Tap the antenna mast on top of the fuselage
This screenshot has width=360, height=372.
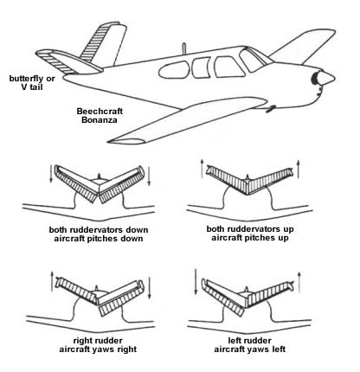tap(183, 48)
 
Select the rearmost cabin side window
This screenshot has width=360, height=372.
tap(174, 70)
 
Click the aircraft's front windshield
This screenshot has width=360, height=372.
tap(254, 60)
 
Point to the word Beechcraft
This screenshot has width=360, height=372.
tap(100, 112)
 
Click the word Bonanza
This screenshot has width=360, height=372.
tap(100, 120)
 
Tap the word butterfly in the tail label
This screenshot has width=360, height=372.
tap(24, 79)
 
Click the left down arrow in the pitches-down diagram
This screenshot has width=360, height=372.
tap(51, 174)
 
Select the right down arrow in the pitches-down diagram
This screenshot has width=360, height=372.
tap(149, 176)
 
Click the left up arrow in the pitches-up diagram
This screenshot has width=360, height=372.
tap(202, 169)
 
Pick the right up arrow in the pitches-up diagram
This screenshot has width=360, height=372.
tap(299, 169)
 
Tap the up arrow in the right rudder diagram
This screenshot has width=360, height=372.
tap(52, 281)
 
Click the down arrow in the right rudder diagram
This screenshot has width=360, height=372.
tap(150, 288)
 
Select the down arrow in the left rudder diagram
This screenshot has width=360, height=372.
tap(196, 282)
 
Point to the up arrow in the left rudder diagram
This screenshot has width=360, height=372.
tap(299, 282)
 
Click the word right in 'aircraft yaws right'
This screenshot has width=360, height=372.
tap(125, 350)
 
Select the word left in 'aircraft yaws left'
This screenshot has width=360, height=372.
tap(279, 350)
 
